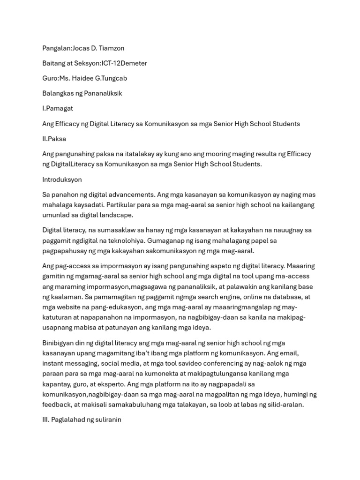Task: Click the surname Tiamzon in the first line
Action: [x=111, y=48]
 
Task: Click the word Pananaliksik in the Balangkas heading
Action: [x=103, y=93]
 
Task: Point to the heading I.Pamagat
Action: [x=58, y=108]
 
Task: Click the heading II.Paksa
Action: [x=54, y=139]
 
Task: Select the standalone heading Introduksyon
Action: [x=62, y=180]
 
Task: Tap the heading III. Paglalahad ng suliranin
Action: [x=82, y=420]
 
